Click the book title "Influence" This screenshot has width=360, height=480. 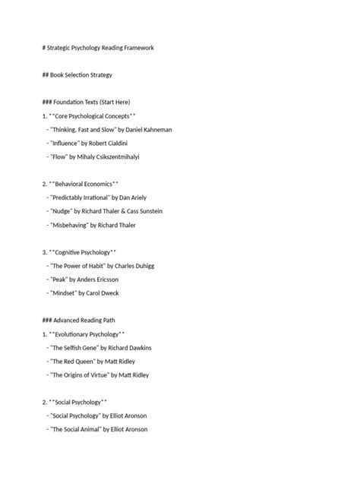point(65,143)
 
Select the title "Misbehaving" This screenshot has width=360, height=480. point(69,225)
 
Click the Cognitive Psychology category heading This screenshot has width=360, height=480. point(83,252)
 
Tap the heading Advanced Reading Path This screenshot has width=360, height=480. point(87,321)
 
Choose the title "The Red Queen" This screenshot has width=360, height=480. point(72,362)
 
